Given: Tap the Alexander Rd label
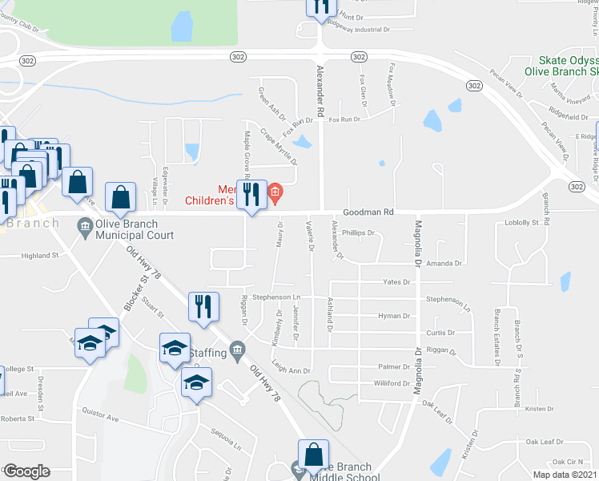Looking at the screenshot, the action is pos(320,92).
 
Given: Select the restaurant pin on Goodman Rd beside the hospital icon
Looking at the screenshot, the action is pos(252,192).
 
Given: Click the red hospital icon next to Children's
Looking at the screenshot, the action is pos(275,192).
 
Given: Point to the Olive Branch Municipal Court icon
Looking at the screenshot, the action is pos(85,228).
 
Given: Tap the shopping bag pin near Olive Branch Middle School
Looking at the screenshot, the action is pos(313,454).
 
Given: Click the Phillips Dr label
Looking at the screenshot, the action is pos(359,233).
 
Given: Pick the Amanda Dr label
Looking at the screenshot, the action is pos(445,264).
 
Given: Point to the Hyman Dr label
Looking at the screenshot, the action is pos(394,317).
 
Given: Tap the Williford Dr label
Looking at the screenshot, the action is pos(392,384).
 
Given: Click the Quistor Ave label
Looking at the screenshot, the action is pos(100,414).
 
